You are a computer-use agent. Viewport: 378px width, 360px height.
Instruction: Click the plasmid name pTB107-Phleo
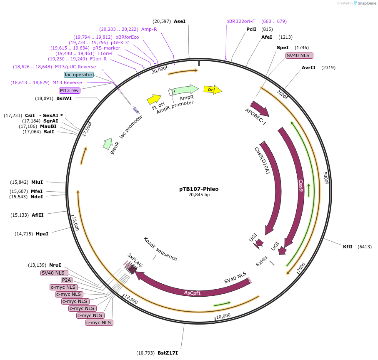pyautogui.click(x=199, y=189)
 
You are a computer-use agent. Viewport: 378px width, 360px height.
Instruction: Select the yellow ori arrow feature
pyautogui.click(x=213, y=89)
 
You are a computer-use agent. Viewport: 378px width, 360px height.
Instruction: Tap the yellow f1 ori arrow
pyautogui.click(x=154, y=99)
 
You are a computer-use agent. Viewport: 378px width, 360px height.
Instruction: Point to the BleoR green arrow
pyautogui.click(x=108, y=143)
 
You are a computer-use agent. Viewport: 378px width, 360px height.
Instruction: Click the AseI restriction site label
pyautogui.click(x=180, y=21)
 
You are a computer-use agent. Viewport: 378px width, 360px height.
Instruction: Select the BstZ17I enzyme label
pyautogui.click(x=168, y=353)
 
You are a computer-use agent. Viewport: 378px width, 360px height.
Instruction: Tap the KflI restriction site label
pyautogui.click(x=348, y=247)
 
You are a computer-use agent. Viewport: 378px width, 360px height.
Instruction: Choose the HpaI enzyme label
pyautogui.click(x=42, y=234)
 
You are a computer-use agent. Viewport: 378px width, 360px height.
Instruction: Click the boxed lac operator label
pyautogui.click(x=79, y=75)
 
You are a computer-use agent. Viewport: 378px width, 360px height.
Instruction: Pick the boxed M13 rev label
pyautogui.click(x=70, y=90)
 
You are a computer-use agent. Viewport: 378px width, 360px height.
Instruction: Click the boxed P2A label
pyautogui.click(x=66, y=280)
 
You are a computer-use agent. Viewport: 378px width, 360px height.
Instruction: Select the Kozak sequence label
pyautogui.click(x=160, y=249)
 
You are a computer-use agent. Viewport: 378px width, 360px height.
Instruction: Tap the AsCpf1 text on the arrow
pyautogui.click(x=193, y=293)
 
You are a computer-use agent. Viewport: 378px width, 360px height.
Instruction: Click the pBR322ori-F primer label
pyautogui.click(x=240, y=21)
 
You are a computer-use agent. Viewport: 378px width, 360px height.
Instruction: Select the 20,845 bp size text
pyautogui.click(x=199, y=195)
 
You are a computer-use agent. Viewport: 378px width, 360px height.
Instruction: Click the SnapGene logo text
pyautogui.click(x=365, y=3)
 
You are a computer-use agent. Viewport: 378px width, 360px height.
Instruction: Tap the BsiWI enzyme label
pyautogui.click(x=64, y=99)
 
